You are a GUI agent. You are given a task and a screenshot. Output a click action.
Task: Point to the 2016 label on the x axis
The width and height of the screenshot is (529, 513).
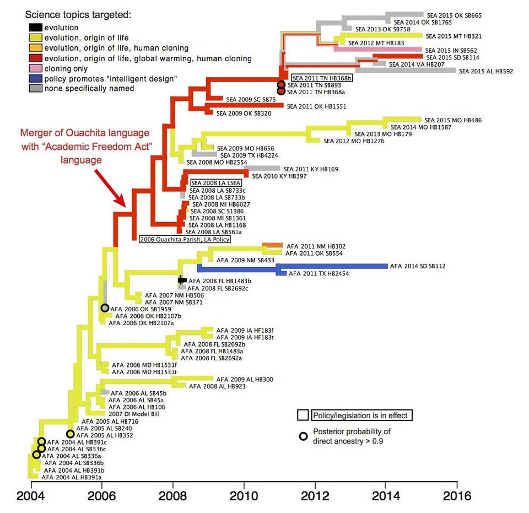[457, 495]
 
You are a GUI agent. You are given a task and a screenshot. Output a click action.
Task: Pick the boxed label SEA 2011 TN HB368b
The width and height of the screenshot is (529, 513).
[322, 78]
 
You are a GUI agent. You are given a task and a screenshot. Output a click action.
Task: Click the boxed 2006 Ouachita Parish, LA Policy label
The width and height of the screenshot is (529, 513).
[185, 240]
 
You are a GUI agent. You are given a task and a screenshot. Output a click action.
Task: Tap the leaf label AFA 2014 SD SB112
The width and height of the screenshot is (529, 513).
[418, 266]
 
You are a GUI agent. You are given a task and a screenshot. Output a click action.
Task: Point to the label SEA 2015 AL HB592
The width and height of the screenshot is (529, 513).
[485, 71]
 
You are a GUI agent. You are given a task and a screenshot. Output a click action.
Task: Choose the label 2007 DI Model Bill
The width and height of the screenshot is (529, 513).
[134, 414]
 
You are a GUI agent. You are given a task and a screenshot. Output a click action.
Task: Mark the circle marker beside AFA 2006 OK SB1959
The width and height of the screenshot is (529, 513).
[105, 309]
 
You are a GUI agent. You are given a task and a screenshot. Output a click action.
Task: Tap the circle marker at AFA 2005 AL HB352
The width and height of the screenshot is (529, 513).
[71, 434]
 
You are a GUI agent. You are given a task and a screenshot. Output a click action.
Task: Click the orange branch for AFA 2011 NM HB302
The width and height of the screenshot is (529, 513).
[272, 245]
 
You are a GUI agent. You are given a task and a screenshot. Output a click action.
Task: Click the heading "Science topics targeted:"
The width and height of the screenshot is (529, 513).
[78, 14]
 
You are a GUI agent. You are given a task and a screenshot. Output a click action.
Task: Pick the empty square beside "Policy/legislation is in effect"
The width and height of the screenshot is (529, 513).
[303, 415]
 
